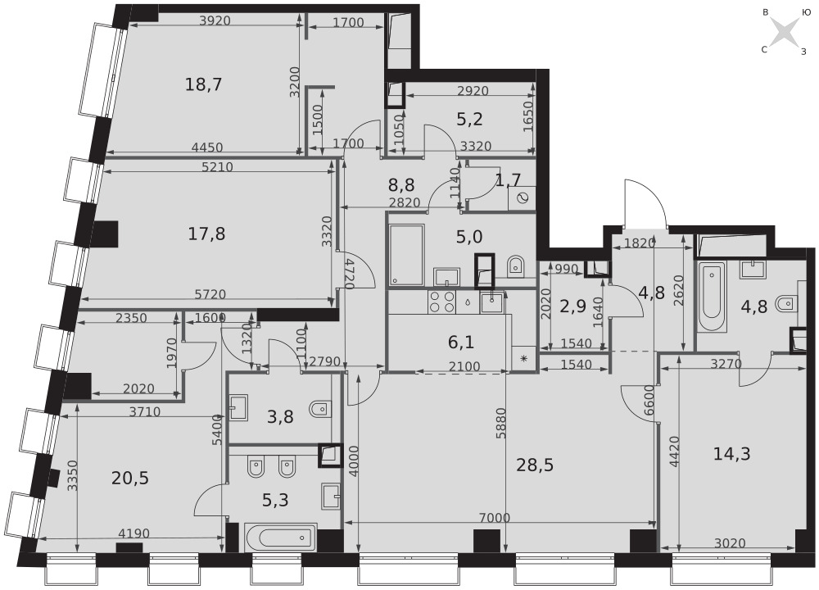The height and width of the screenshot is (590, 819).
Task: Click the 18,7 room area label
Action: pyautogui.click(x=204, y=84)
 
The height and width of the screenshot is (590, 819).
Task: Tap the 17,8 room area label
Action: pyautogui.click(x=206, y=234)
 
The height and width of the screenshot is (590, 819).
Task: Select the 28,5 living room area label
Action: pyautogui.click(x=535, y=465)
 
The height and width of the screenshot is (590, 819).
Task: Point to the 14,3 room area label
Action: pyautogui.click(x=731, y=454)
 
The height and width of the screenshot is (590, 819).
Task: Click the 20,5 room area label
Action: pyautogui.click(x=130, y=478)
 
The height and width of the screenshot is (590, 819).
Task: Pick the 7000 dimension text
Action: pyautogui.click(x=494, y=518)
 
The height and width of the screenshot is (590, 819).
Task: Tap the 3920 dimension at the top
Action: pyautogui.click(x=215, y=21)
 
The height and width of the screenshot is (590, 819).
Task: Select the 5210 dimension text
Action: pyautogui.click(x=217, y=167)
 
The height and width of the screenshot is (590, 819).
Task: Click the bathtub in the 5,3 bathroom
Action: pyautogui.click(x=281, y=537)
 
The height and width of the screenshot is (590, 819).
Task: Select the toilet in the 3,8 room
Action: pyautogui.click(x=319, y=409)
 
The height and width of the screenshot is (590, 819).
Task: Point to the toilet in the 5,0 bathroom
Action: pyautogui.click(x=516, y=265)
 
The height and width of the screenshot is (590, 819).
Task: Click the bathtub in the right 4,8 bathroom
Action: pyautogui.click(x=713, y=297)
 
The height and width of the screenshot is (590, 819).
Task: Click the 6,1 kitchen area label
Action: pyautogui.click(x=460, y=343)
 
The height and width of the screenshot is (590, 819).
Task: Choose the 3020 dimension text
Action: pyautogui.click(x=730, y=543)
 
